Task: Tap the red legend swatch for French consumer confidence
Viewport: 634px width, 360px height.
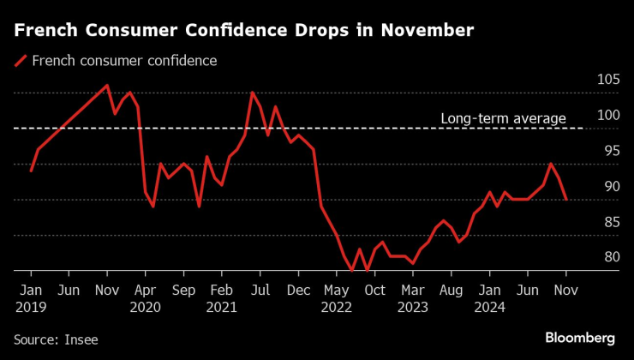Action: click(20, 61)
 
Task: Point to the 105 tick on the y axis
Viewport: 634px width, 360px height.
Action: click(607, 80)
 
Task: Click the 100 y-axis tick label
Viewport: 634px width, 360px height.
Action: click(607, 116)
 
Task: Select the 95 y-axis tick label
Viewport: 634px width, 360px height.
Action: click(610, 151)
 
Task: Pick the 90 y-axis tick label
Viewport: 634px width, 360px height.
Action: click(610, 187)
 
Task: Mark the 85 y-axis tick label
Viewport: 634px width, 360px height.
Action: click(610, 222)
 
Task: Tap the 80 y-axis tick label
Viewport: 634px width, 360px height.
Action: click(610, 257)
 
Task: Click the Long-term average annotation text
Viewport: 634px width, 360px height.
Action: click(503, 118)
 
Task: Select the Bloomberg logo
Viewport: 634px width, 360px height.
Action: click(580, 339)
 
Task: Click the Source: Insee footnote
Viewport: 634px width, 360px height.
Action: click(56, 339)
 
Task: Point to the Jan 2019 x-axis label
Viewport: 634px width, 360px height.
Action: click(31, 297)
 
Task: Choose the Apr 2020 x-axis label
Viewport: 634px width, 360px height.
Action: click(145, 297)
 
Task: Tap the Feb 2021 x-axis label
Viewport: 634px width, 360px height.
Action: click(221, 297)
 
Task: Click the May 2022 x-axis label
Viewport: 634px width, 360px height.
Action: click(336, 297)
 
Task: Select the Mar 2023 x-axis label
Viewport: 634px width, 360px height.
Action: click(412, 297)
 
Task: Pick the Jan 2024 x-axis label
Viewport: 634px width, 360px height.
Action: click(489, 297)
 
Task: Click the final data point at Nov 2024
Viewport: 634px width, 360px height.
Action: click(565, 200)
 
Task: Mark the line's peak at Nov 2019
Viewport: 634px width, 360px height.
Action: click(107, 85)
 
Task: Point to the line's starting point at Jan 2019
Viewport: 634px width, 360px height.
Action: click(31, 171)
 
